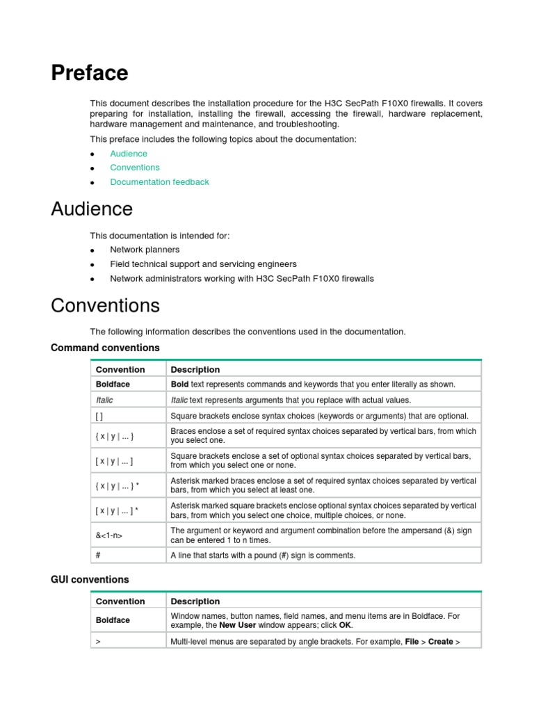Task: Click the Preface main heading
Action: point(90,73)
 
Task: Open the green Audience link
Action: point(129,154)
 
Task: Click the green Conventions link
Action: point(135,168)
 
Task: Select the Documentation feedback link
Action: point(159,182)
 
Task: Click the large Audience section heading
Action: point(92,209)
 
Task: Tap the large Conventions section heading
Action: point(105,305)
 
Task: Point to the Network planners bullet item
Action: point(145,250)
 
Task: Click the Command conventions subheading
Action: point(105,348)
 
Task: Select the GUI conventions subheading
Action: point(90,579)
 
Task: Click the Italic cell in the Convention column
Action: point(104,400)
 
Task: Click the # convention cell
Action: point(98,556)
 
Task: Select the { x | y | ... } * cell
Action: point(117,485)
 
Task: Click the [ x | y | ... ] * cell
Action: point(117,510)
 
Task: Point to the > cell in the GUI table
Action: point(98,642)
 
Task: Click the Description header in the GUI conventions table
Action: point(195,601)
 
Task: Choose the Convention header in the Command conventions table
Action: point(120,370)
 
